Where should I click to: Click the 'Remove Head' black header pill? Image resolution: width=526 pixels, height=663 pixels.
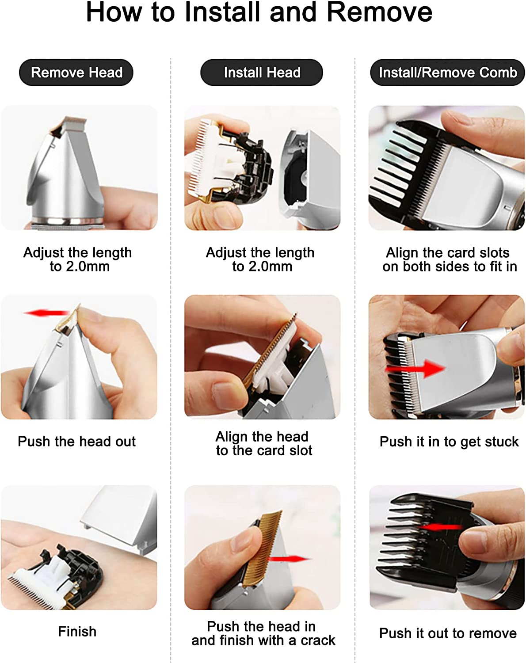(76, 72)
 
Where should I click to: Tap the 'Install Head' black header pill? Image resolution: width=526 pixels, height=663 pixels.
(262, 72)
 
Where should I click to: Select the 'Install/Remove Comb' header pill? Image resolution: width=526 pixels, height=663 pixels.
(447, 72)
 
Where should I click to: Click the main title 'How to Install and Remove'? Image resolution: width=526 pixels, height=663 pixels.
(259, 12)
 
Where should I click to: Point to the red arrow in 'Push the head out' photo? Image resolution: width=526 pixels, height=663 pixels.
(46, 313)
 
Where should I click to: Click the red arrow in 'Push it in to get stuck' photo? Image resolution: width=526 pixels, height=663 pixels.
(415, 368)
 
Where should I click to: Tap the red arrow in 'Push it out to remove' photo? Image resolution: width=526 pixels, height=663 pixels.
(440, 527)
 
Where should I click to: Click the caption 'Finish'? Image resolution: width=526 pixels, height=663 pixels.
(77, 631)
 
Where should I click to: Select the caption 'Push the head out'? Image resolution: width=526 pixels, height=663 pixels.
(76, 441)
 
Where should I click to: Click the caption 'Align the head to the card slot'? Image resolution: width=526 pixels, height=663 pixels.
(263, 443)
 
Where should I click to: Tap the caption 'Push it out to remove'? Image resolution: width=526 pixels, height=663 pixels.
(447, 633)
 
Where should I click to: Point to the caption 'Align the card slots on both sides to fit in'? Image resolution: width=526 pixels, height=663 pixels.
(449, 259)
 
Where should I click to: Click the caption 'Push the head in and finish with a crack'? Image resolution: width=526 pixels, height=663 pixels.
(263, 633)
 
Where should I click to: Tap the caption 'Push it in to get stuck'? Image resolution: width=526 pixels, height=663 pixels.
(449, 441)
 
